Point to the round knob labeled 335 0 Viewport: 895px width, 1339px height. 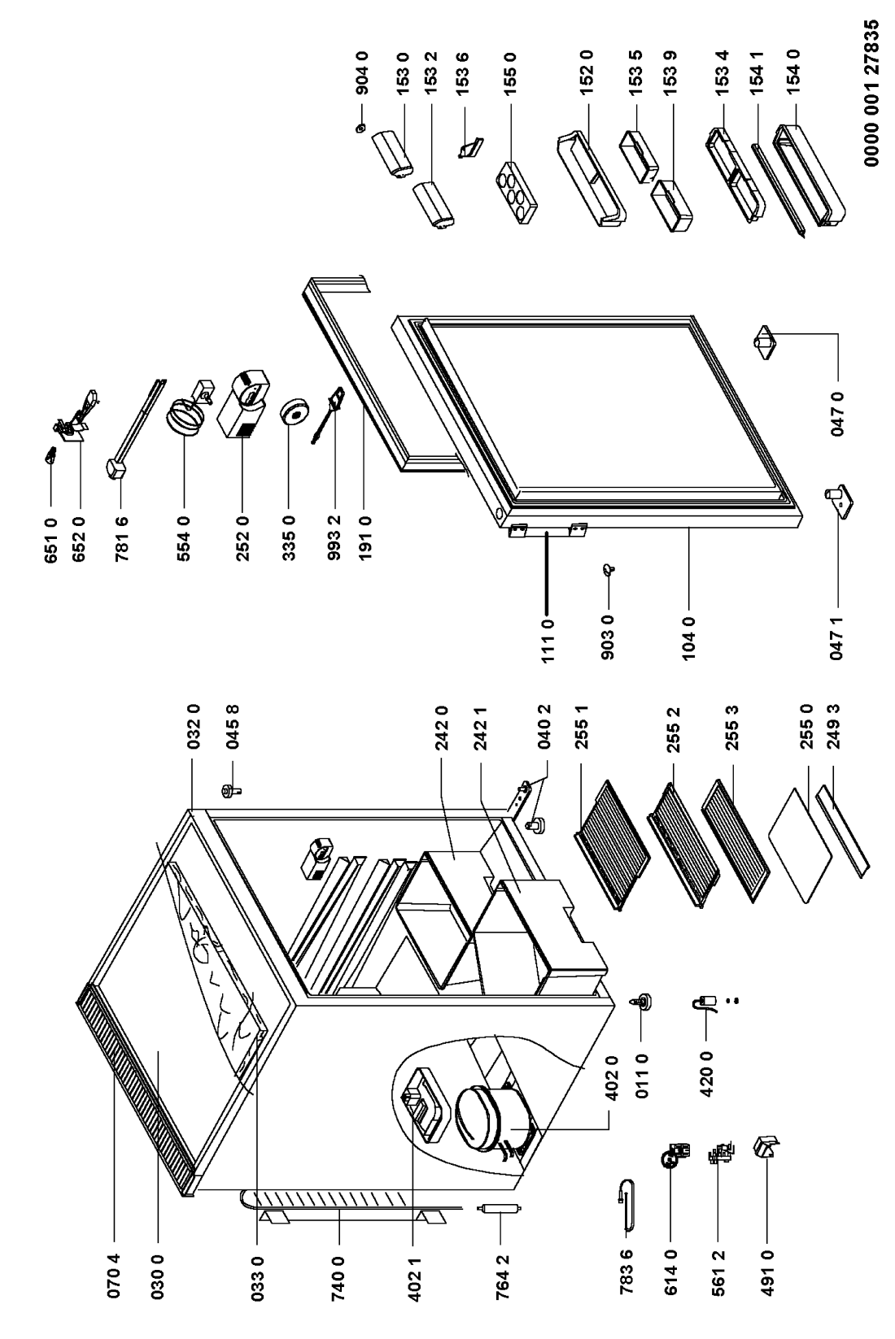click(295, 412)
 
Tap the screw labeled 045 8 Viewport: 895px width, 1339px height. click(231, 791)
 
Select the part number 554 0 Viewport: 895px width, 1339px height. click(183, 538)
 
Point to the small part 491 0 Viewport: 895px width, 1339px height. click(766, 1146)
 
